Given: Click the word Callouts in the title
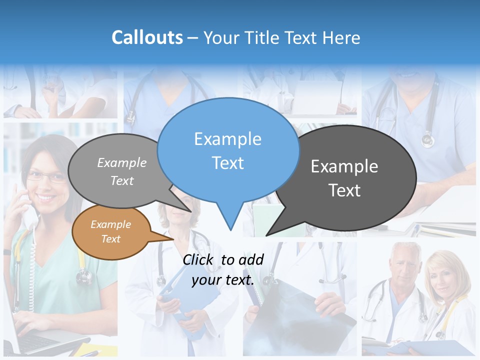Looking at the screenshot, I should pyautogui.click(x=147, y=37).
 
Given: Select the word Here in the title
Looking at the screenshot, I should pyautogui.click(x=342, y=37).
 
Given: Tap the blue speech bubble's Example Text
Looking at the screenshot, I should pyautogui.click(x=227, y=150).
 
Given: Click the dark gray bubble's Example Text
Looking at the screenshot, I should pyautogui.click(x=344, y=178).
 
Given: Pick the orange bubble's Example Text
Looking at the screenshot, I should pyautogui.click(x=110, y=231).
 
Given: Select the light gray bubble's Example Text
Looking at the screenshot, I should pyautogui.click(x=122, y=171).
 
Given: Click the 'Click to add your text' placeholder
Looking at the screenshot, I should pyautogui.click(x=223, y=269).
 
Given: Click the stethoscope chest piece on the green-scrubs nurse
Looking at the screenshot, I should pyautogui.click(x=84, y=276).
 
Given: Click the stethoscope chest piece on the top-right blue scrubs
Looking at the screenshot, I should pyautogui.click(x=427, y=139).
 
